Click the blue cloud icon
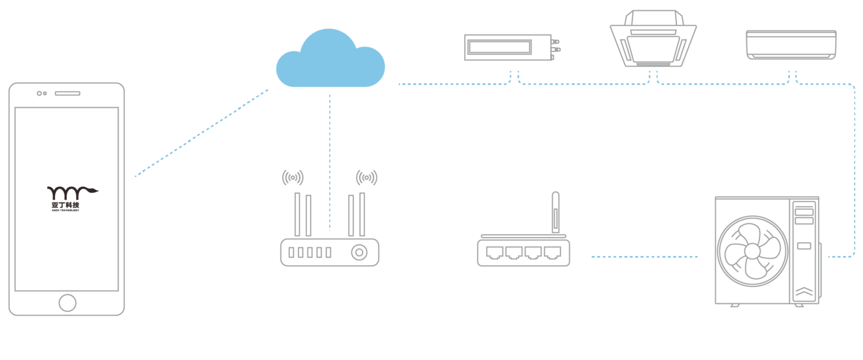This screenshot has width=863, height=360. tap(330, 60)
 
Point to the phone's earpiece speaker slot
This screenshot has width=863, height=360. tap(67, 93)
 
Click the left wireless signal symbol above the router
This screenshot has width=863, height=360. tap(292, 177)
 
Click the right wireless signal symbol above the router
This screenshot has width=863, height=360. tap(366, 177)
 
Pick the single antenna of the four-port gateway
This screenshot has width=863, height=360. tap(555, 213)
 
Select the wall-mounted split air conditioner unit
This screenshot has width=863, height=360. tap(791, 44)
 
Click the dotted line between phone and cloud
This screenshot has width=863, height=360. tap(201, 133)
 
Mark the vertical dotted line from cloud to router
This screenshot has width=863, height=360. tap(330, 161)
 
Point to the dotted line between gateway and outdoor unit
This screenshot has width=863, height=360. tap(644, 256)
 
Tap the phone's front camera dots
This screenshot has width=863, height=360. tap(41, 93)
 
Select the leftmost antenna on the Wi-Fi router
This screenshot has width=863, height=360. tap(297, 214)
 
